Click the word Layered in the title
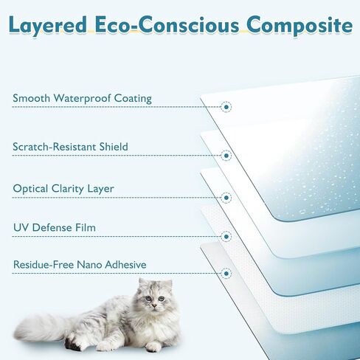48,26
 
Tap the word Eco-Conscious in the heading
167,25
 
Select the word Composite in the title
300,26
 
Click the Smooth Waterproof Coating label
82,98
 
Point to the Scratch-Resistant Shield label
70,147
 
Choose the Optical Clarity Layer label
63,189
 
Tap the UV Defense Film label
55,227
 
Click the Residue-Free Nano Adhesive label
80,265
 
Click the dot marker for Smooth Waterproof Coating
226,107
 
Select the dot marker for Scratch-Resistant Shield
226,156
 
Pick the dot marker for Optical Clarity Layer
226,198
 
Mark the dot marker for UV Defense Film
226,236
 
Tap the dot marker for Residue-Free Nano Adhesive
226,273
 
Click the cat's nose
154,305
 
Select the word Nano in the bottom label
89,265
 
